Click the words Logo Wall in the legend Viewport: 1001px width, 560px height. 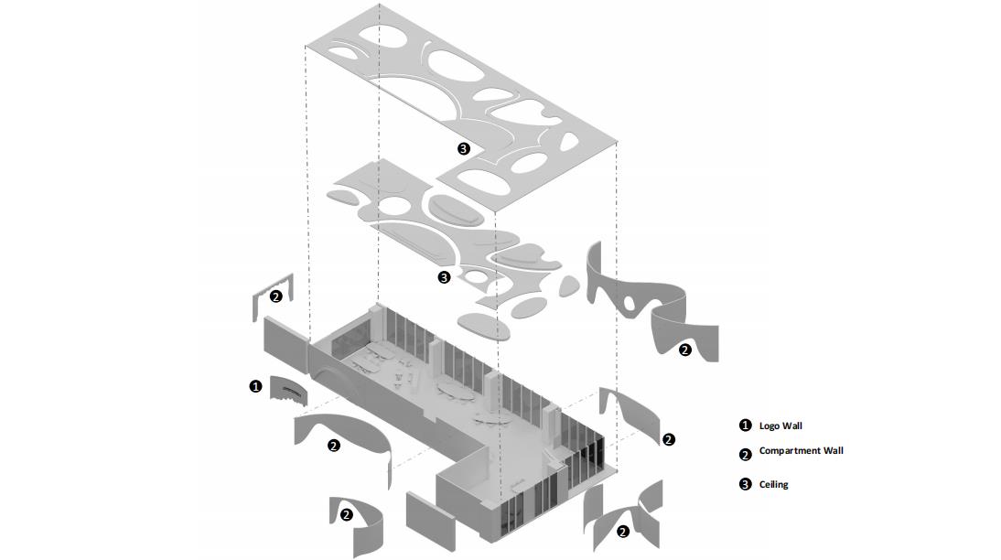780,425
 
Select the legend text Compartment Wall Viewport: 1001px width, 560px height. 801,450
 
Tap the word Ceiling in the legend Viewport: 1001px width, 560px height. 773,484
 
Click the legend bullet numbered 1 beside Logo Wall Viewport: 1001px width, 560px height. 745,425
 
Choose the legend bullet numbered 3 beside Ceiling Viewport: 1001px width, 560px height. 745,484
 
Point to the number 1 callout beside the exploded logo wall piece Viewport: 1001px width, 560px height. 255,386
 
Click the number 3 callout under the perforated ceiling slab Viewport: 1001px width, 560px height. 464,148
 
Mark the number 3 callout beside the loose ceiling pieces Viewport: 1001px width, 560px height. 444,276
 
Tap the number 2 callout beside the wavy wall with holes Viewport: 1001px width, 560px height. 684,350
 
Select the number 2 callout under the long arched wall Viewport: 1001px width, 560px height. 333,446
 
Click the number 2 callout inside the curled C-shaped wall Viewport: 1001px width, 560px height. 346,514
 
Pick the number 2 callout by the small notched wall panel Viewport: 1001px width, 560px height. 275,296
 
